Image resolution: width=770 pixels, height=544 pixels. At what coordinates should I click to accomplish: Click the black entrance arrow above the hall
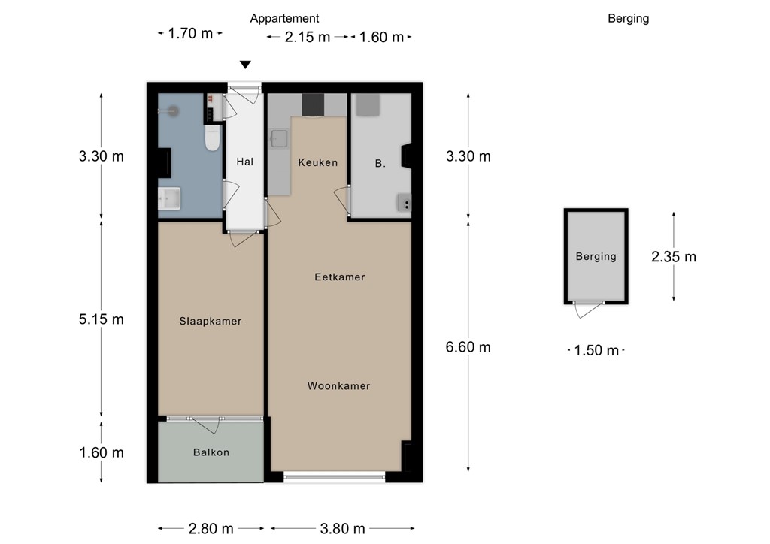pos(246,65)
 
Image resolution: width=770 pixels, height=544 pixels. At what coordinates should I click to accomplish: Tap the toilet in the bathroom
pos(213,138)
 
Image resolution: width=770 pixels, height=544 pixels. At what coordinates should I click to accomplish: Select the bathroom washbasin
pos(169,198)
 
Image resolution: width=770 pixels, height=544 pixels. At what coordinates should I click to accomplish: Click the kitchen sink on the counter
pos(280,139)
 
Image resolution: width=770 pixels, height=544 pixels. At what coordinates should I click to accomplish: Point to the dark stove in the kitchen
pos(313,105)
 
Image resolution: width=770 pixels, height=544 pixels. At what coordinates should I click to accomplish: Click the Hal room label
pos(245,162)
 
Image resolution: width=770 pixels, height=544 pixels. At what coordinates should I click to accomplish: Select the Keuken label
pos(318,162)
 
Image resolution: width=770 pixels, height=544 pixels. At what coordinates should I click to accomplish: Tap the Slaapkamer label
pos(211,322)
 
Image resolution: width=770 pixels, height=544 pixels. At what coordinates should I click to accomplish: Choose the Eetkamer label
pos(340,277)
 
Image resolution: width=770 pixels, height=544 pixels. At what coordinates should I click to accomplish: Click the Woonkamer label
pos(339,386)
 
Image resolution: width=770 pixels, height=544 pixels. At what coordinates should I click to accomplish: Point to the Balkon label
pos(211,452)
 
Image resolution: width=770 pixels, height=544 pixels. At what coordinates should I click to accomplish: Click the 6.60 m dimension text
pos(468,347)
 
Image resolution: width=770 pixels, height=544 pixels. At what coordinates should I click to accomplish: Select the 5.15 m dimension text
pos(102,319)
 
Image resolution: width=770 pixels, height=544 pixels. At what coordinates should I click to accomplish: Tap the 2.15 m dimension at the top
pos(308,37)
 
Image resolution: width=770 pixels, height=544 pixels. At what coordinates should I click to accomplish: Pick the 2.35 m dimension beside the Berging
pos(674,256)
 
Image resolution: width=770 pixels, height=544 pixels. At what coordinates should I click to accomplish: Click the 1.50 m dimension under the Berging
pos(596,350)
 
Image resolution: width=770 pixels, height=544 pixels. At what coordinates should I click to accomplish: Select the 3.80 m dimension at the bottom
pos(343,529)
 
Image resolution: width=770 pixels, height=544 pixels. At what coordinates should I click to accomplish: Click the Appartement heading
pos(284,19)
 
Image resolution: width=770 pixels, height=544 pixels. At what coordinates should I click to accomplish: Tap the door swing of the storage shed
pos(590,310)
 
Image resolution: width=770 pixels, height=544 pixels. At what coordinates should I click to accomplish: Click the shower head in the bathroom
pos(173,111)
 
